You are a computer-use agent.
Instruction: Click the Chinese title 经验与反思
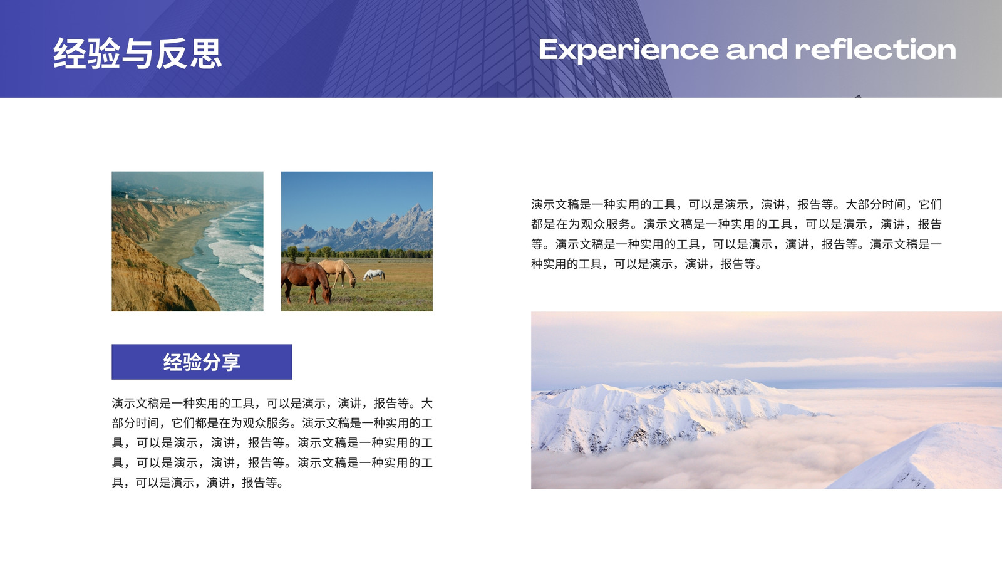137,53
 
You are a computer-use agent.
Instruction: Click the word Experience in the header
629,50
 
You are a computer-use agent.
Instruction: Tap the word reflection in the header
875,50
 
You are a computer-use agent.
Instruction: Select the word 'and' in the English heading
757,50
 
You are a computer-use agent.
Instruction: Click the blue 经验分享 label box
202,362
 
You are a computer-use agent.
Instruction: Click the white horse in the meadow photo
374,275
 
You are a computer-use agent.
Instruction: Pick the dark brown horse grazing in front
306,282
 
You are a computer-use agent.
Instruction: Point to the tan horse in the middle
339,272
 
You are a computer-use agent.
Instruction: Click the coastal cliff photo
187,241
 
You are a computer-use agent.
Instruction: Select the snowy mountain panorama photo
767,400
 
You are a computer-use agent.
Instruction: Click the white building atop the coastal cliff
127,196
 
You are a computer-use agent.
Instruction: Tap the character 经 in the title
70,53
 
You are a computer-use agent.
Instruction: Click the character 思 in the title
206,53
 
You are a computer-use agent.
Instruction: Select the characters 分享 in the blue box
222,362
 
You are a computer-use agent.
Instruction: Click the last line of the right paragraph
646,264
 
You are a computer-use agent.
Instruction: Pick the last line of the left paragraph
197,483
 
